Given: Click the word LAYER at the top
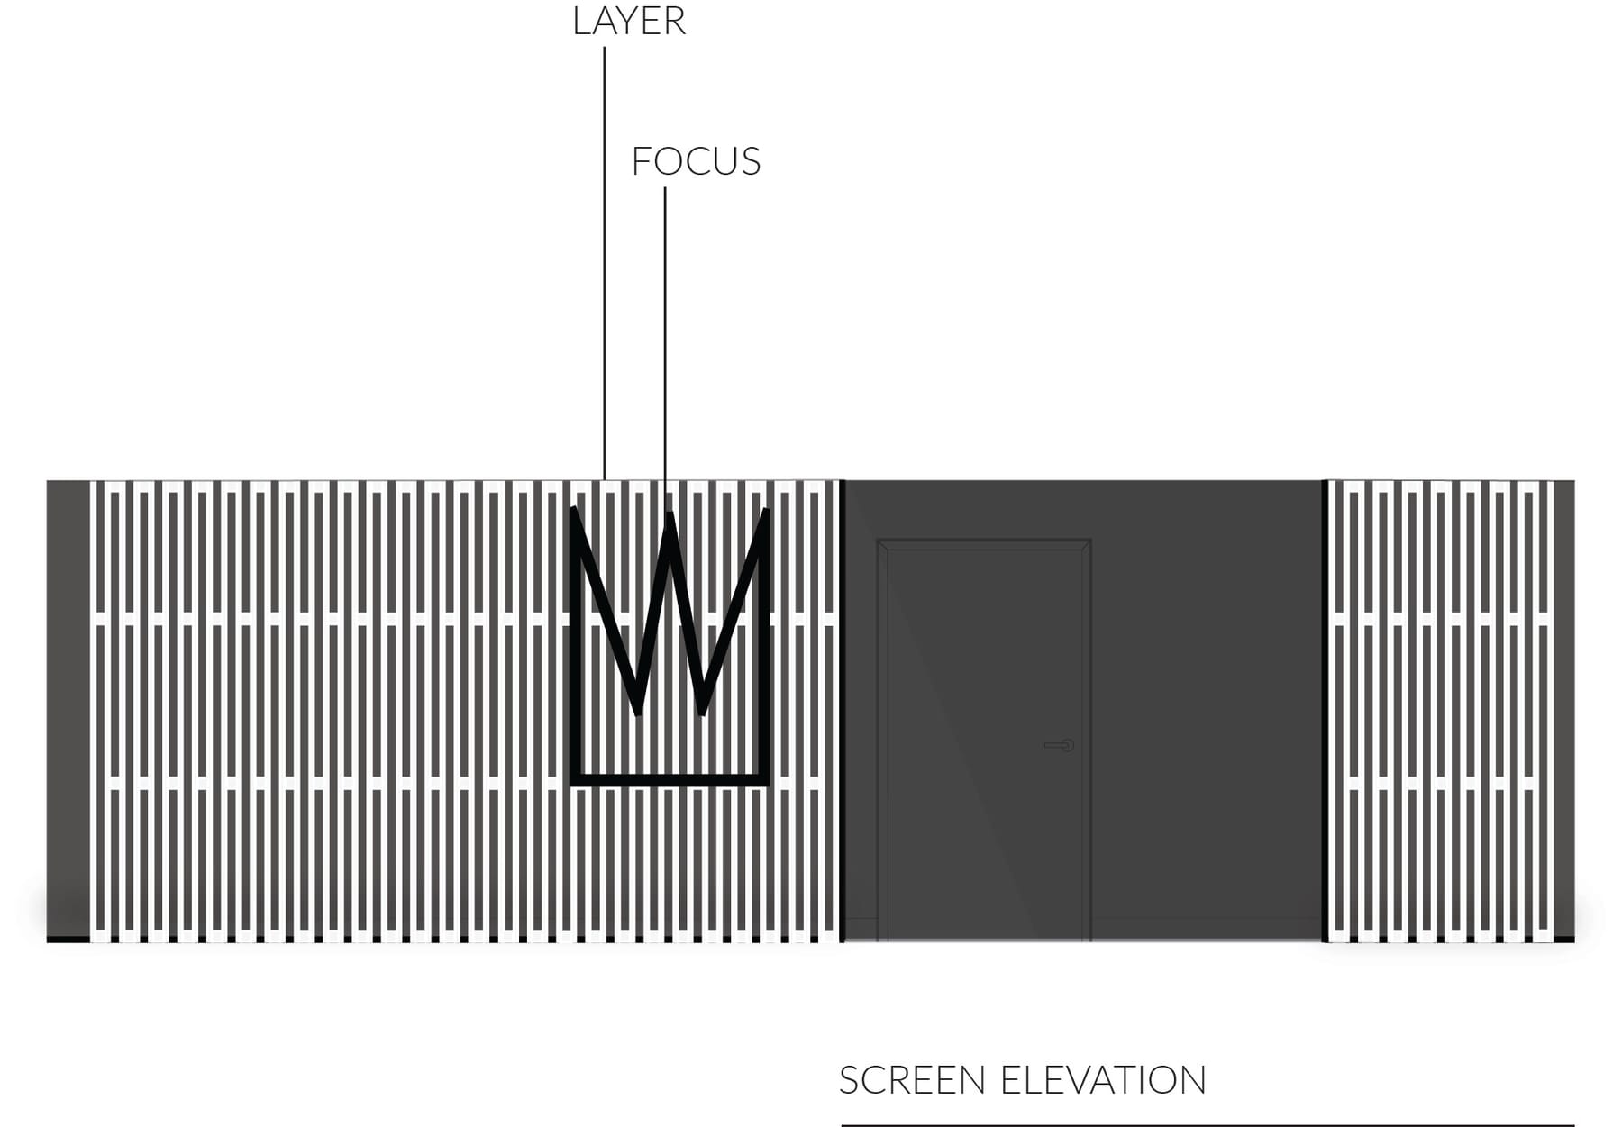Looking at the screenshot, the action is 629,22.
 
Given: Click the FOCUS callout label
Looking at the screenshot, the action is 696,162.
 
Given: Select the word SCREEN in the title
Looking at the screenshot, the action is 912,1080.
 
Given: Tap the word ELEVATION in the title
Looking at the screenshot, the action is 1104,1080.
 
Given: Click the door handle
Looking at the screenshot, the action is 1060,745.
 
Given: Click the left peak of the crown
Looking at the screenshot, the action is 575,511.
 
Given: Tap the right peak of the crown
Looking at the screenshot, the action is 765,512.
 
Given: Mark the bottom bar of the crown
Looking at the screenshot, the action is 670,780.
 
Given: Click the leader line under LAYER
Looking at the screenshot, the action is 605,263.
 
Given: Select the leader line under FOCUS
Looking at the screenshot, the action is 666,350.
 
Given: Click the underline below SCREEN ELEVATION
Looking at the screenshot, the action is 1207,1125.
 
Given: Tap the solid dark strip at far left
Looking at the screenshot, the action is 68,711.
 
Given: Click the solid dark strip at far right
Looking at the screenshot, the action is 1564,711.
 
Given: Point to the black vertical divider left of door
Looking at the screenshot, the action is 842,711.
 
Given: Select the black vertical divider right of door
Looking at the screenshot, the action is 1326,711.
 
